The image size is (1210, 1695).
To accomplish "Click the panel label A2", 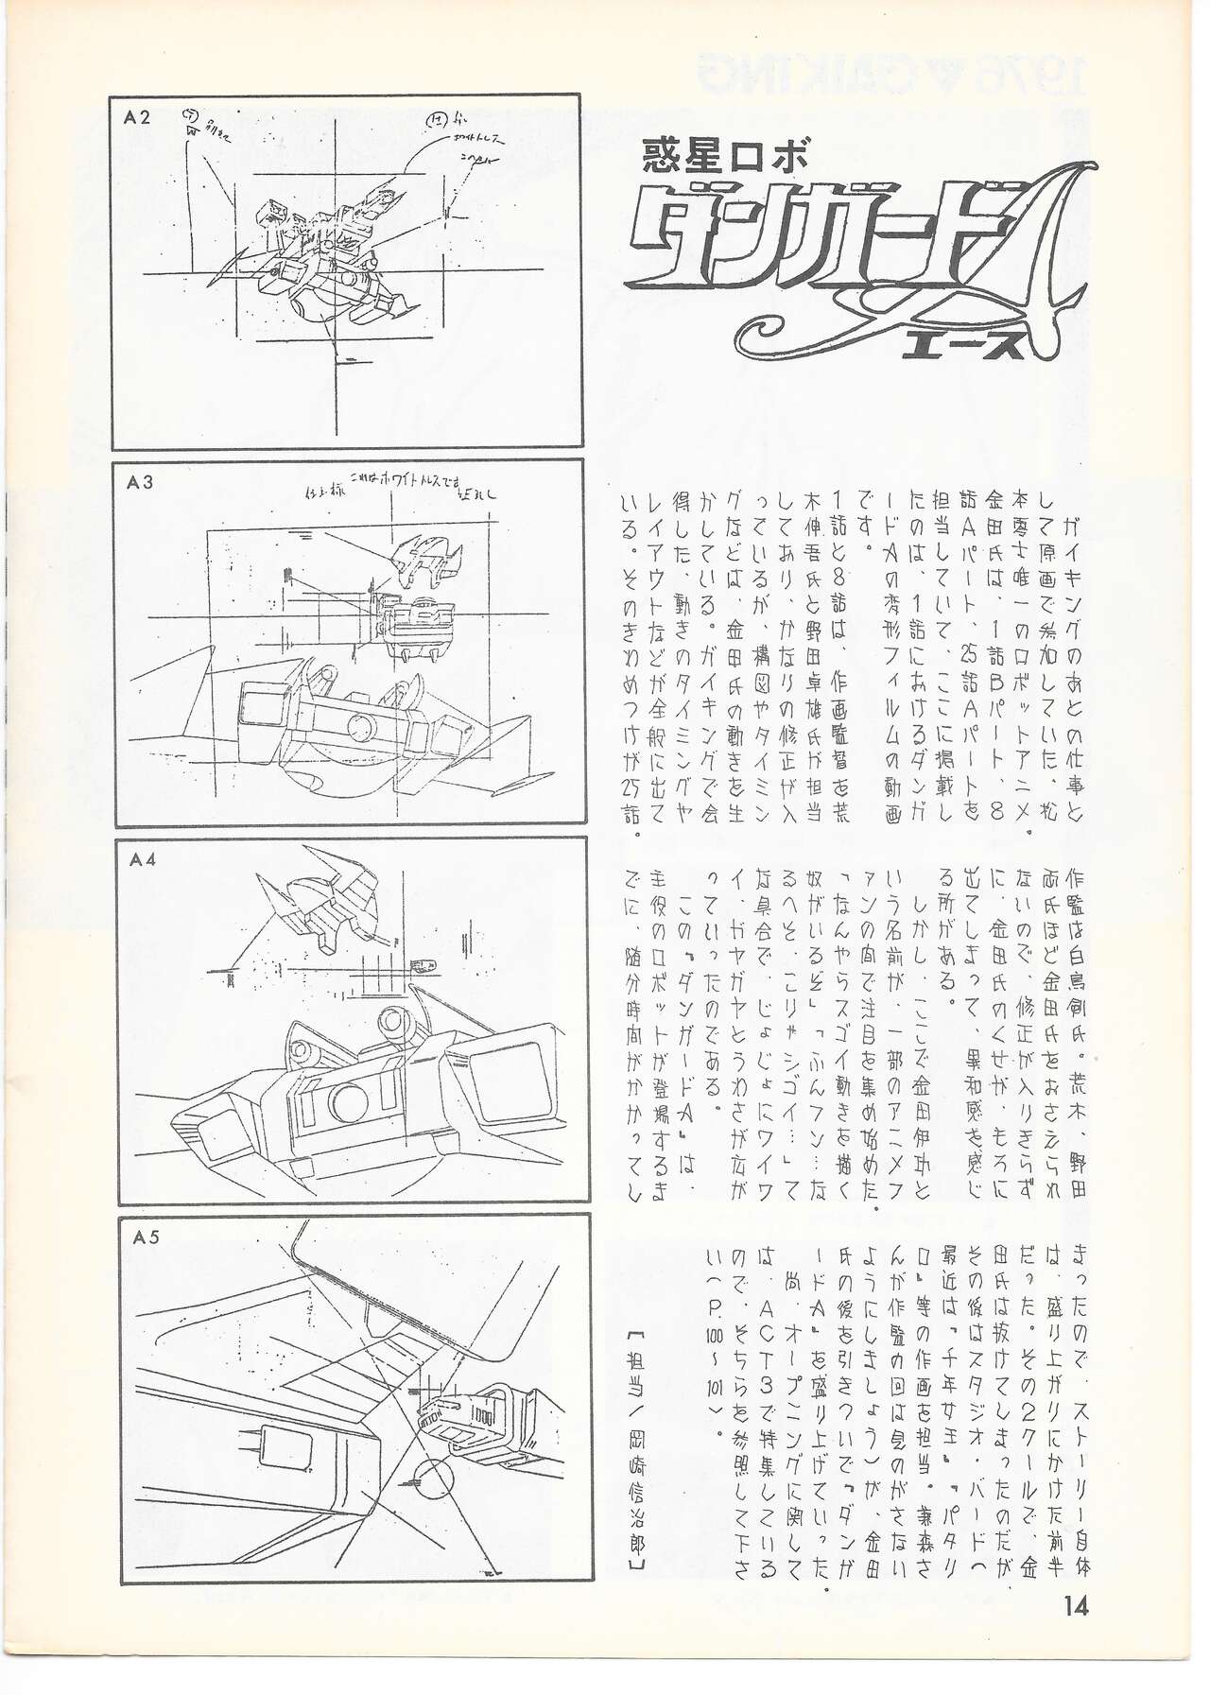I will click(137, 117).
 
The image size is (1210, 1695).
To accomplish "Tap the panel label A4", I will click(143, 860).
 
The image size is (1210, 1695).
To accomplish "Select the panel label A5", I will click(144, 1240).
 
